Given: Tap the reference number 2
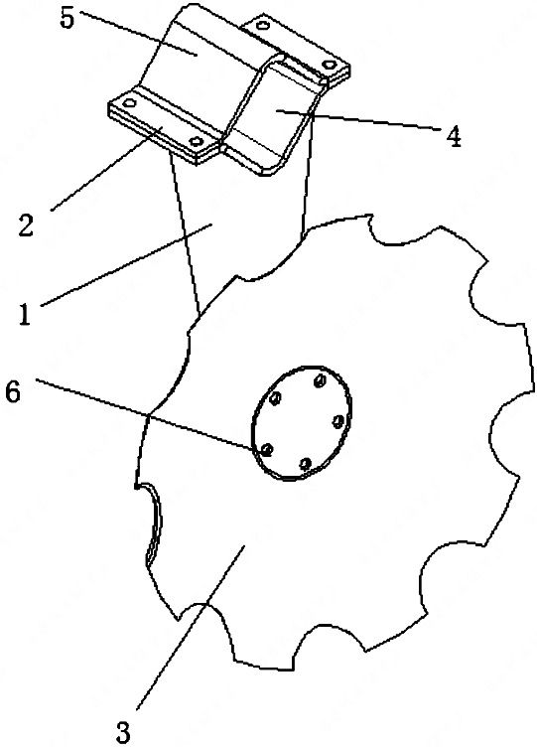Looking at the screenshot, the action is point(26,224).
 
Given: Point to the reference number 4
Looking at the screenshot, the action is point(454,137).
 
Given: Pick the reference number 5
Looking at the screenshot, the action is point(67,19).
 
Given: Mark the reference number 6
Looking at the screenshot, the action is point(13,393).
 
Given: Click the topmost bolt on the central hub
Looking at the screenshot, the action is point(320,380).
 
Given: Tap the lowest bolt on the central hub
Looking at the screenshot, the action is point(306,463).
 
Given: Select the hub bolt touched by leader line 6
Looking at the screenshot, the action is point(267,449).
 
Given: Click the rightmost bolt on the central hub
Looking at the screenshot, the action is point(338,420).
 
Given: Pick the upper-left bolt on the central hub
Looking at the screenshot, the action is point(274,398).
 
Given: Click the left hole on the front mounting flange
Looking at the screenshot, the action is point(129,103).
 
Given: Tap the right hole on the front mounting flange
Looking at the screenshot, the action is point(196,140).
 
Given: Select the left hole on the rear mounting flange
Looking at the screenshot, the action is point(263,25).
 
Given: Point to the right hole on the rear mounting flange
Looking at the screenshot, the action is point(328,64).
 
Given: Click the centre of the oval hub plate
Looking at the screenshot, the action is point(301,422).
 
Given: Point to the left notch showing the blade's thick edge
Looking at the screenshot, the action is point(153,523).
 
